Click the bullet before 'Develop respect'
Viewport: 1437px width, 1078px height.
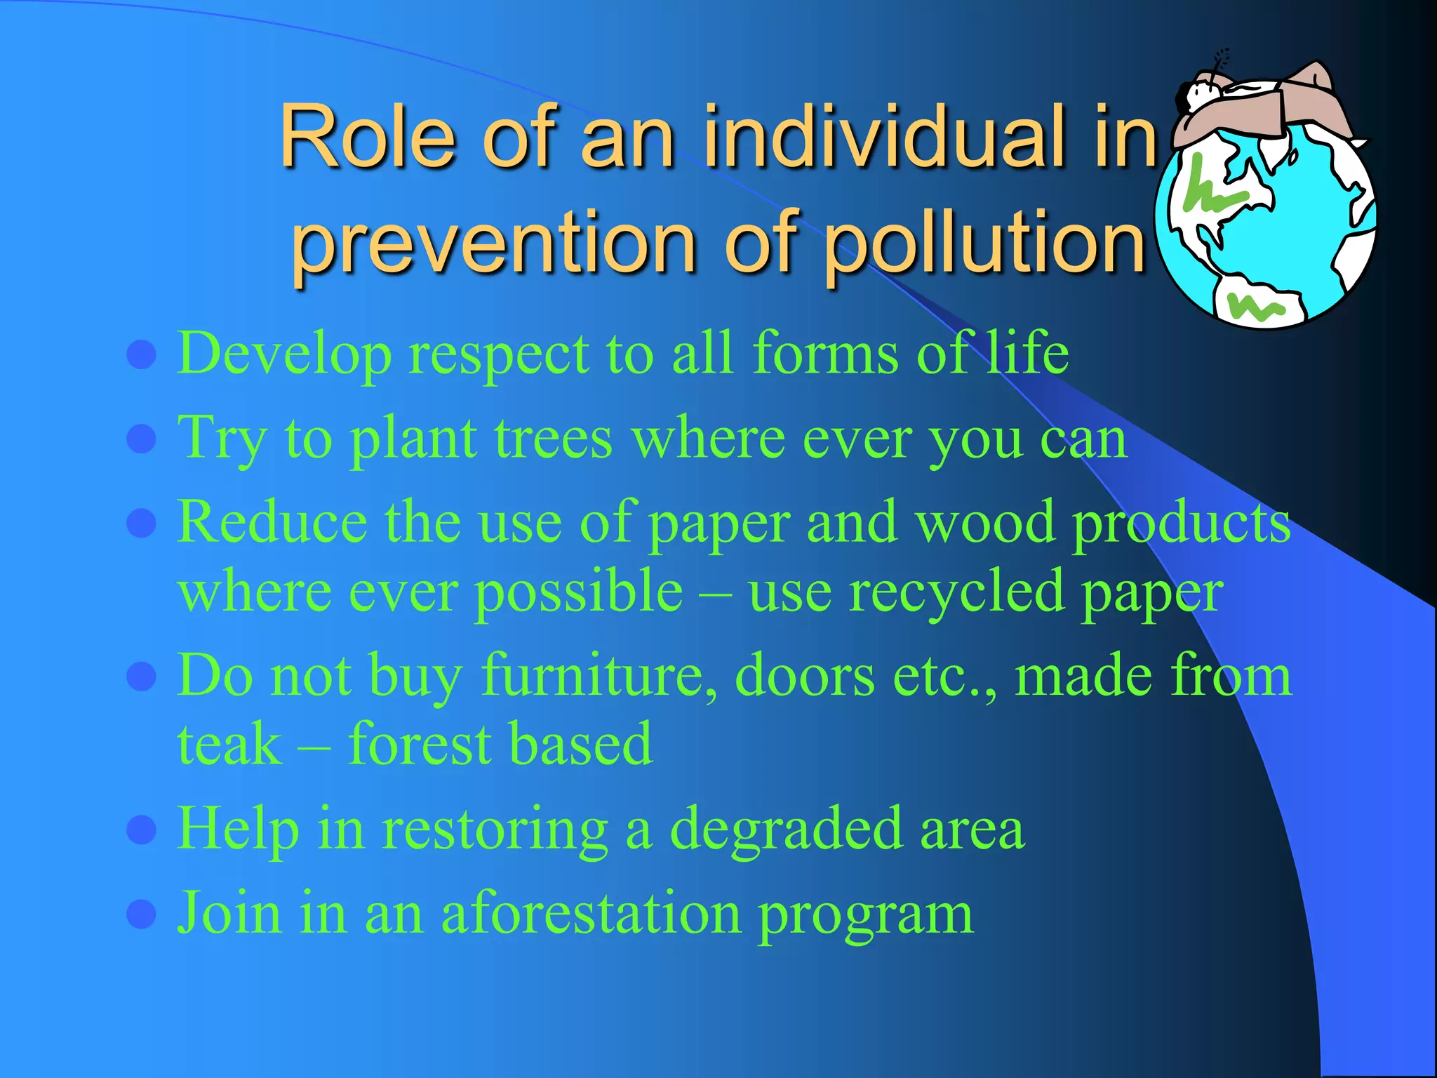(141, 355)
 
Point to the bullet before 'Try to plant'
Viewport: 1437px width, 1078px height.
(141, 439)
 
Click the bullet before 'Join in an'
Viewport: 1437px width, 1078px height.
(141, 914)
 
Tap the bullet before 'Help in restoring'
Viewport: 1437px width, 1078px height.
(141, 830)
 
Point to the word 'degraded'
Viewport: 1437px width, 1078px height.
(786, 830)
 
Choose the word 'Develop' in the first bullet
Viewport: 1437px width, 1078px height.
(284, 355)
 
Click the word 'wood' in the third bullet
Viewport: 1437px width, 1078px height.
(985, 523)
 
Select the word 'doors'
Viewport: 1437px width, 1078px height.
(804, 676)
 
